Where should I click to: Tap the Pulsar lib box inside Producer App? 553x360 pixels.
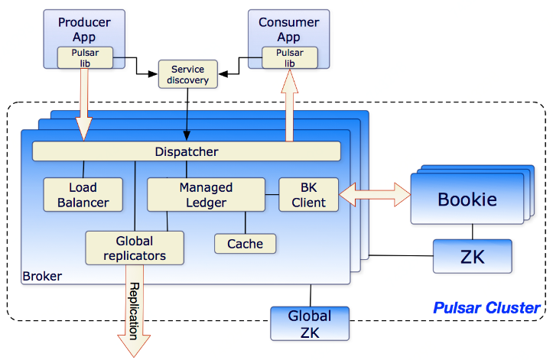(x=84, y=58)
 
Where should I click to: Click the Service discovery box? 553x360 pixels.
(x=188, y=74)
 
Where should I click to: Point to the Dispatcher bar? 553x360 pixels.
(x=186, y=151)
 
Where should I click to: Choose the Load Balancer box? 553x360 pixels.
(x=83, y=194)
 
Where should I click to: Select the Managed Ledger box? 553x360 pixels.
(x=206, y=194)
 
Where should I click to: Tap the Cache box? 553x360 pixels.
(x=245, y=244)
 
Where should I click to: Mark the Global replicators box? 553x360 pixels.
(x=135, y=247)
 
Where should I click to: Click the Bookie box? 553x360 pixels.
(x=467, y=200)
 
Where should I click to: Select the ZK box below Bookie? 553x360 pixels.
(x=472, y=255)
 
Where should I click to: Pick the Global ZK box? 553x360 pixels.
(x=309, y=323)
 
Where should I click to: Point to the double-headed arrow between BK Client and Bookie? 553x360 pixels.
(x=374, y=194)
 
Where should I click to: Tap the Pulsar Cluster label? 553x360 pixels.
(x=486, y=309)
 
